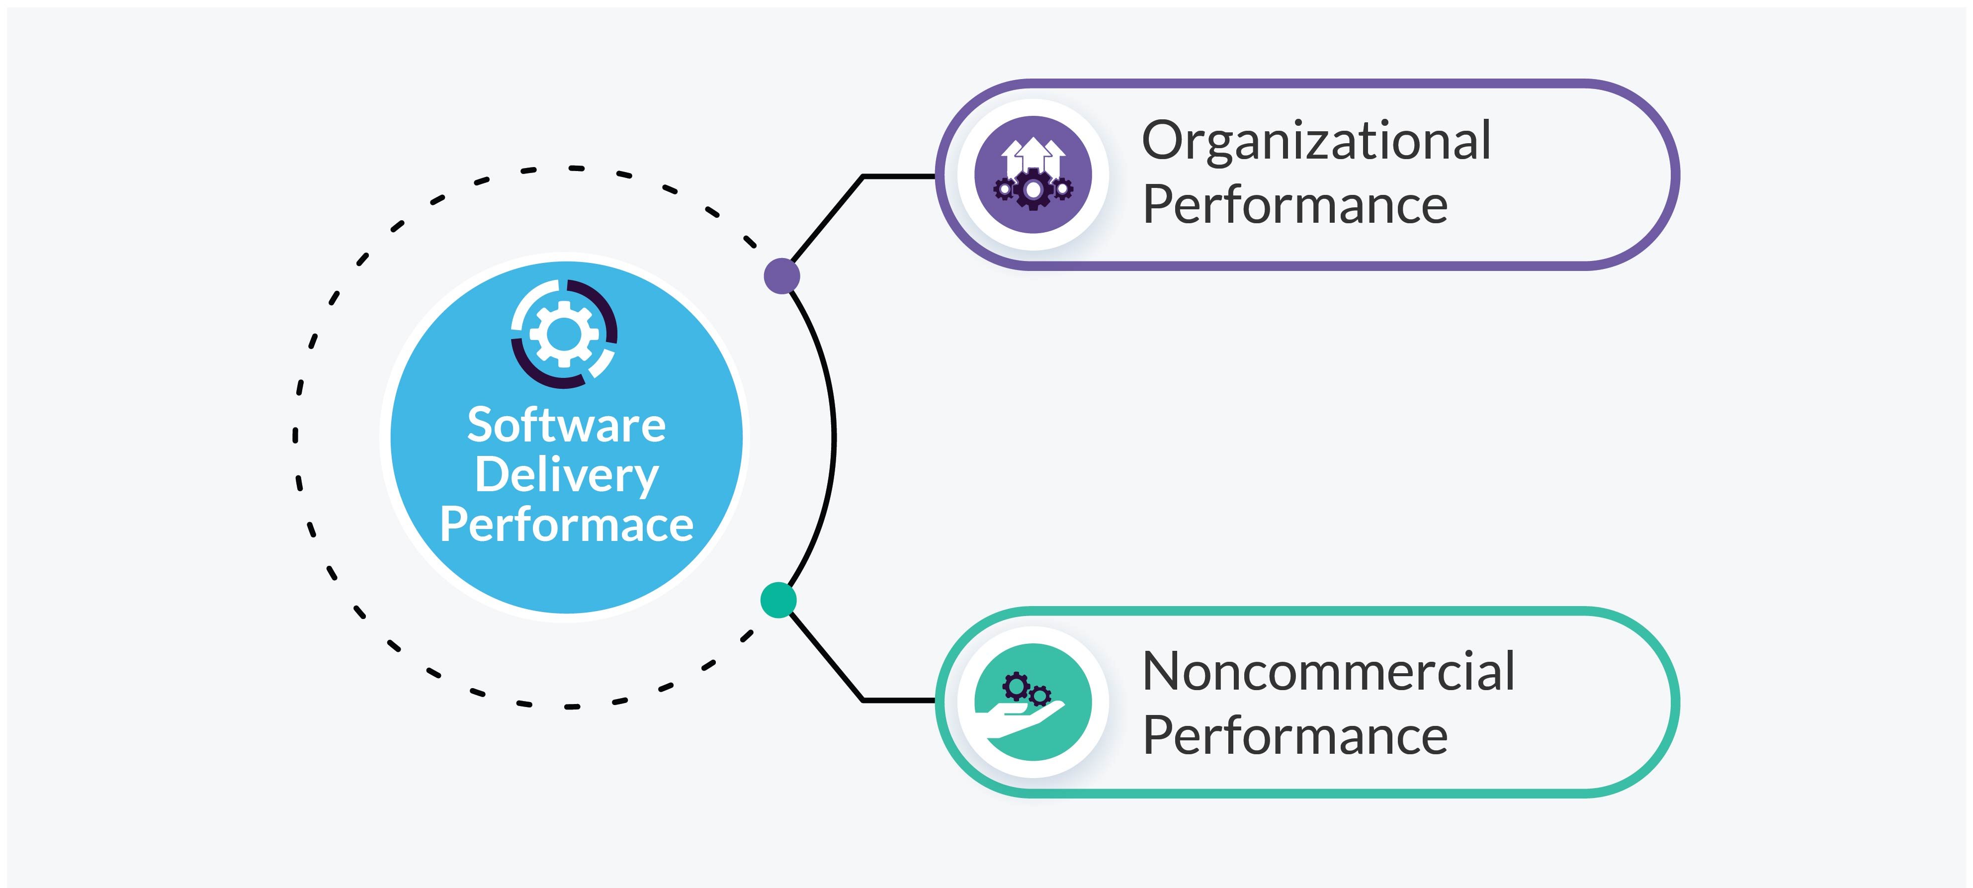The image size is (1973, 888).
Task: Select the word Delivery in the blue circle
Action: (566, 476)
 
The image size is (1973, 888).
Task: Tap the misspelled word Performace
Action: (566, 526)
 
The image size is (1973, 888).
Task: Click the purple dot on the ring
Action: (782, 276)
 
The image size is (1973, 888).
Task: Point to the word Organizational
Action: (1316, 141)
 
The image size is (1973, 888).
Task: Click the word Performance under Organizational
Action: (1294, 205)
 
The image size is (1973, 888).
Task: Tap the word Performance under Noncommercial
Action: (1294, 735)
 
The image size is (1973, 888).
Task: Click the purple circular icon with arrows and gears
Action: (1033, 175)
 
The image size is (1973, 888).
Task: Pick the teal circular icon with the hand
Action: (1033, 702)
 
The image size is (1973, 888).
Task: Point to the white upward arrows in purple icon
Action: (1033, 153)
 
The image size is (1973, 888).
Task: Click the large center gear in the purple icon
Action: (1033, 188)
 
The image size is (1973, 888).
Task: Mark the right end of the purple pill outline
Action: (1674, 175)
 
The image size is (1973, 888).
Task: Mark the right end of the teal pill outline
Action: (1674, 702)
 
